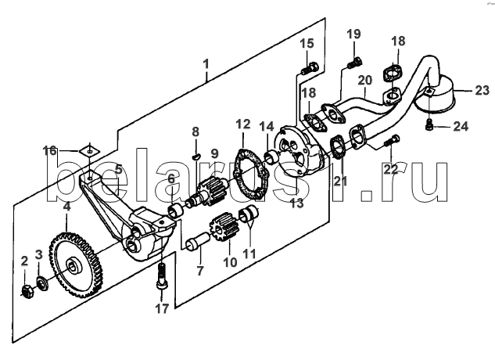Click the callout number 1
206,64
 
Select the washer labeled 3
41,283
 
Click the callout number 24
461,127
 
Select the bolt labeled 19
355,62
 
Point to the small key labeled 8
195,155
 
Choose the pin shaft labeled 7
198,241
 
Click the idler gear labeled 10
224,227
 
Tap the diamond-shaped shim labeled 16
89,150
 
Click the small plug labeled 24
429,125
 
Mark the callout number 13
296,203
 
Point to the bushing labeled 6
175,211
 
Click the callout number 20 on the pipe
365,81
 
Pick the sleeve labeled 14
272,157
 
